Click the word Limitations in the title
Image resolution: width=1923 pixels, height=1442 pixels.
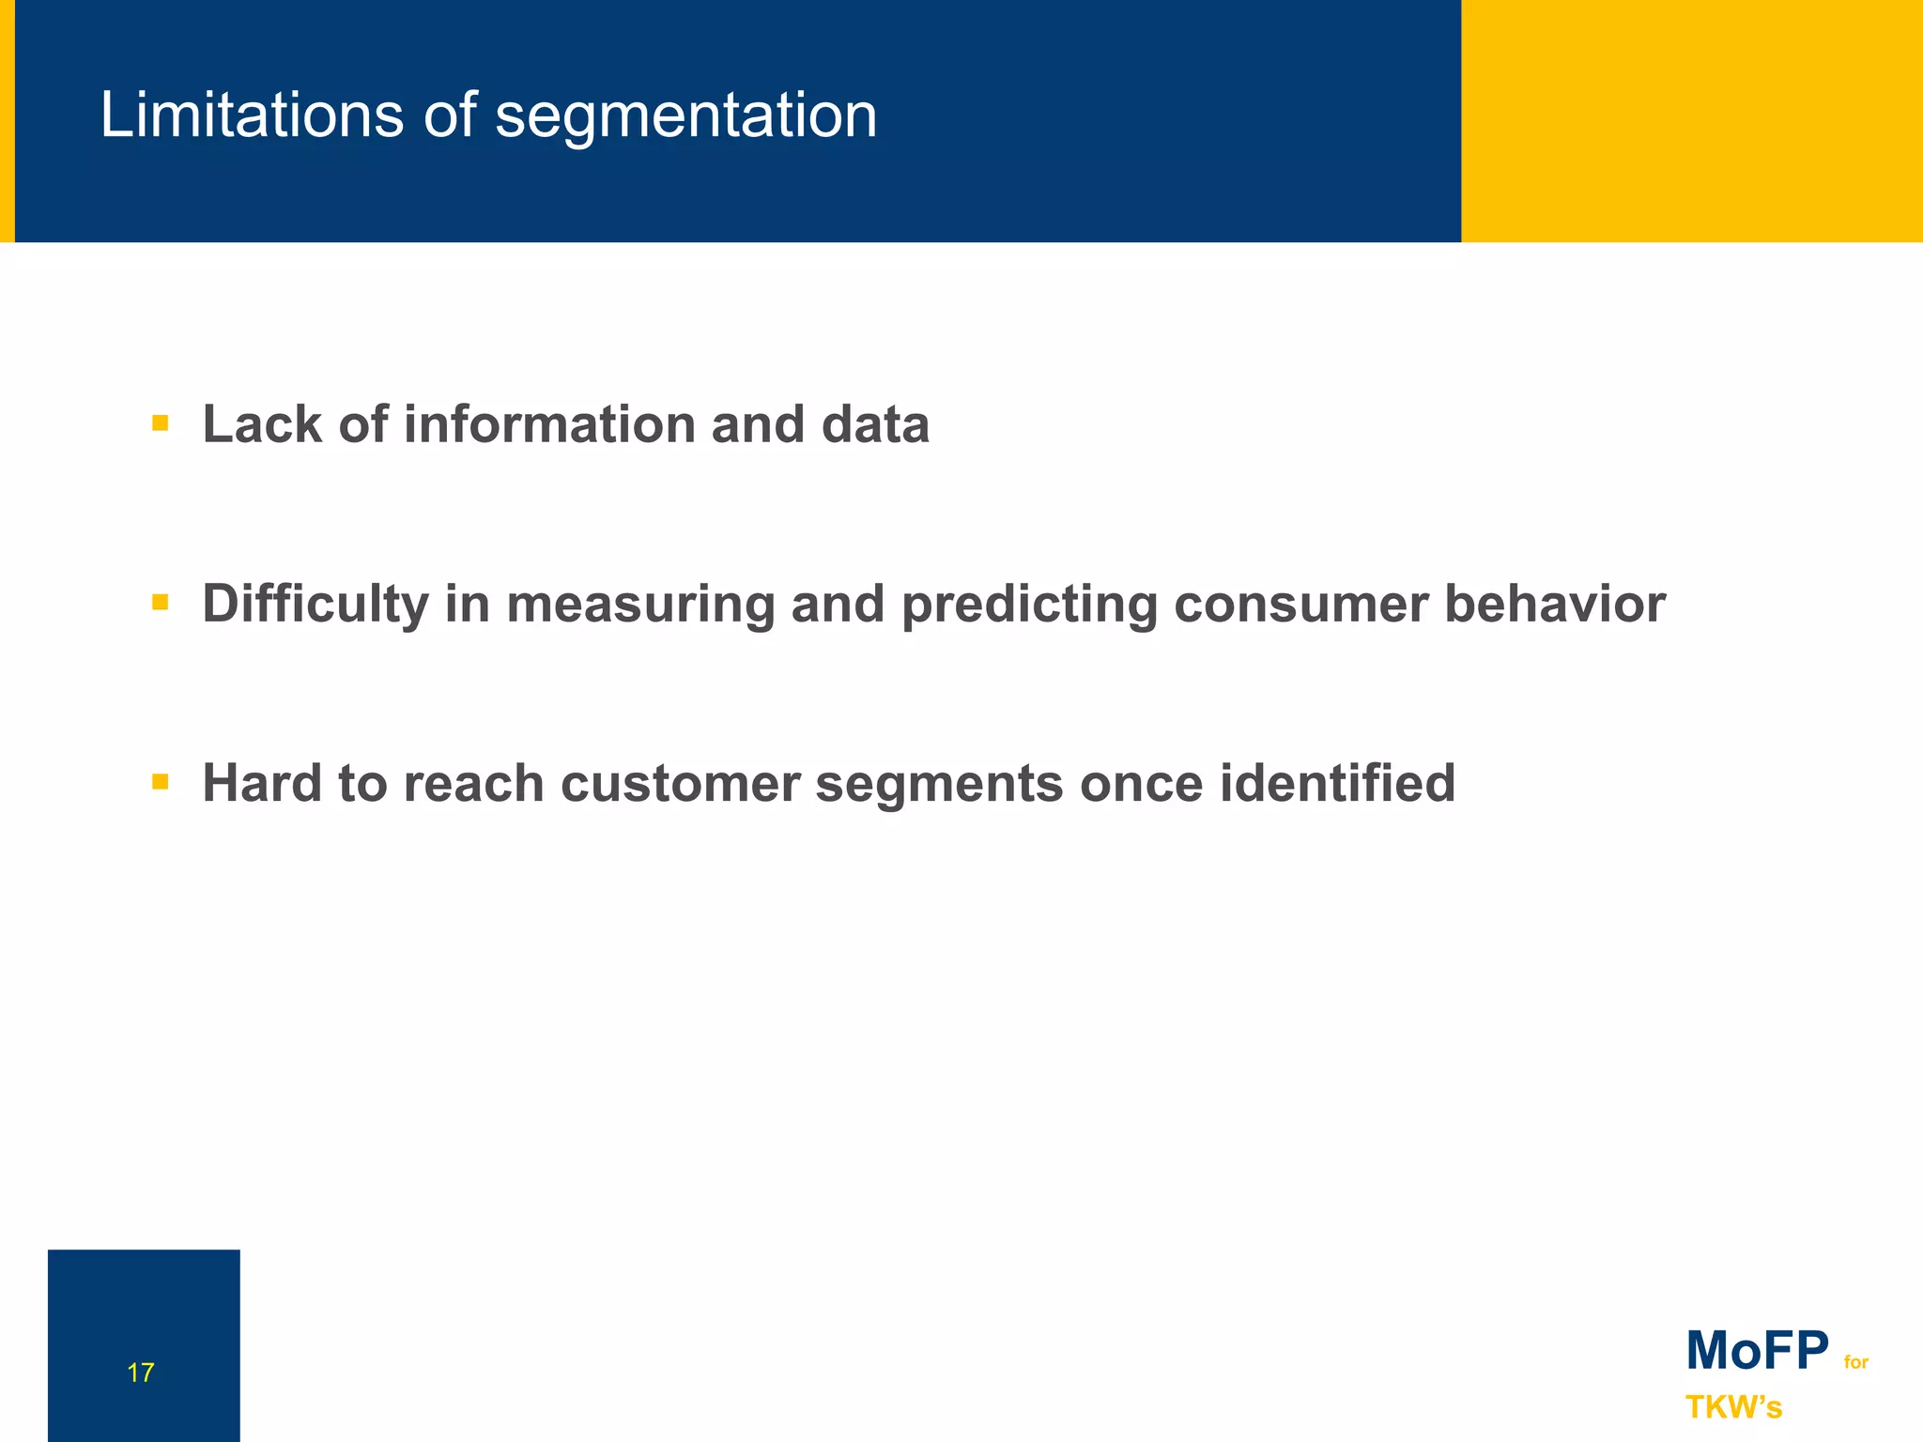coord(253,115)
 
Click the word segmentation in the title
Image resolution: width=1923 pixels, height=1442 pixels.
coord(685,117)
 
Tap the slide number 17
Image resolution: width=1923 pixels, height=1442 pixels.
coord(140,1373)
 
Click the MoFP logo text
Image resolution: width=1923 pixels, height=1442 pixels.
coord(1757,1351)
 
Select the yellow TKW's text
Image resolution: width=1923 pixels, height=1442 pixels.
coord(1733,1407)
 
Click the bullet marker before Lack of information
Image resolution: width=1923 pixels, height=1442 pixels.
coord(160,423)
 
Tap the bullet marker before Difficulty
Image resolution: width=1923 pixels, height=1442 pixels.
coord(160,602)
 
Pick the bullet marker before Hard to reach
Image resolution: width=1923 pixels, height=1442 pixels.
coord(160,781)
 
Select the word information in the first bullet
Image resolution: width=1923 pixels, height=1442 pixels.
coord(548,424)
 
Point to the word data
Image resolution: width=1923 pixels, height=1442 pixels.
coord(874,424)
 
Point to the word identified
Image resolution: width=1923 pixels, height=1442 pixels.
coord(1337,783)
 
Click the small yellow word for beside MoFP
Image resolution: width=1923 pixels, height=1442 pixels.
coord(1855,1362)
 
